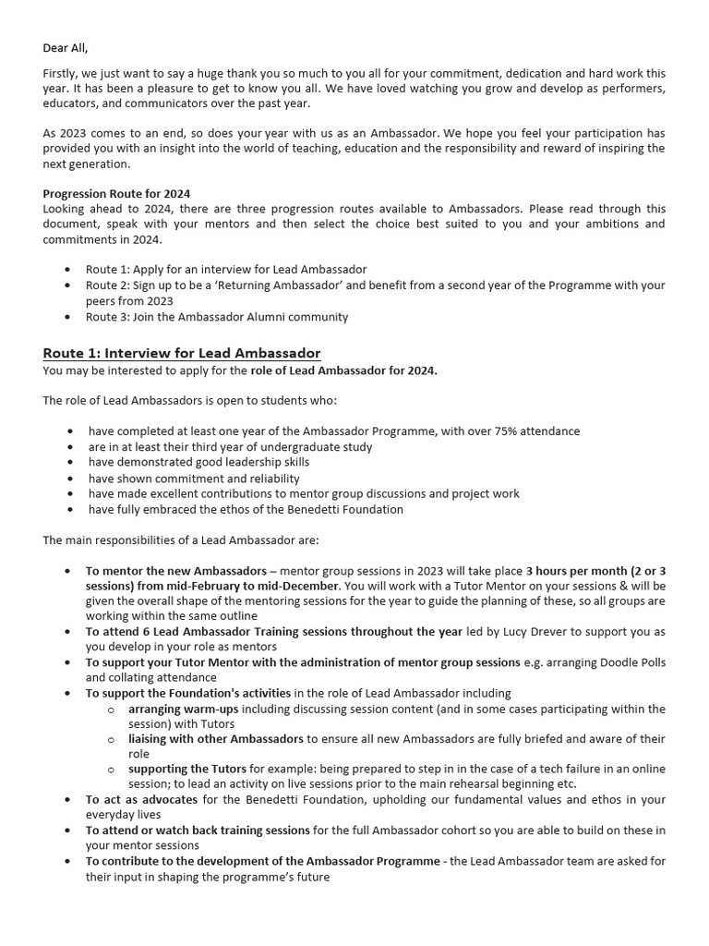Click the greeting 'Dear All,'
72,48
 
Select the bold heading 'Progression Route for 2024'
116,194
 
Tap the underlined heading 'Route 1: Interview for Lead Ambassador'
182,354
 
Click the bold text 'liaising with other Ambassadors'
215,739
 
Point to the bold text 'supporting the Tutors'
187,770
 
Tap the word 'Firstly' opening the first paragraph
61,73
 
